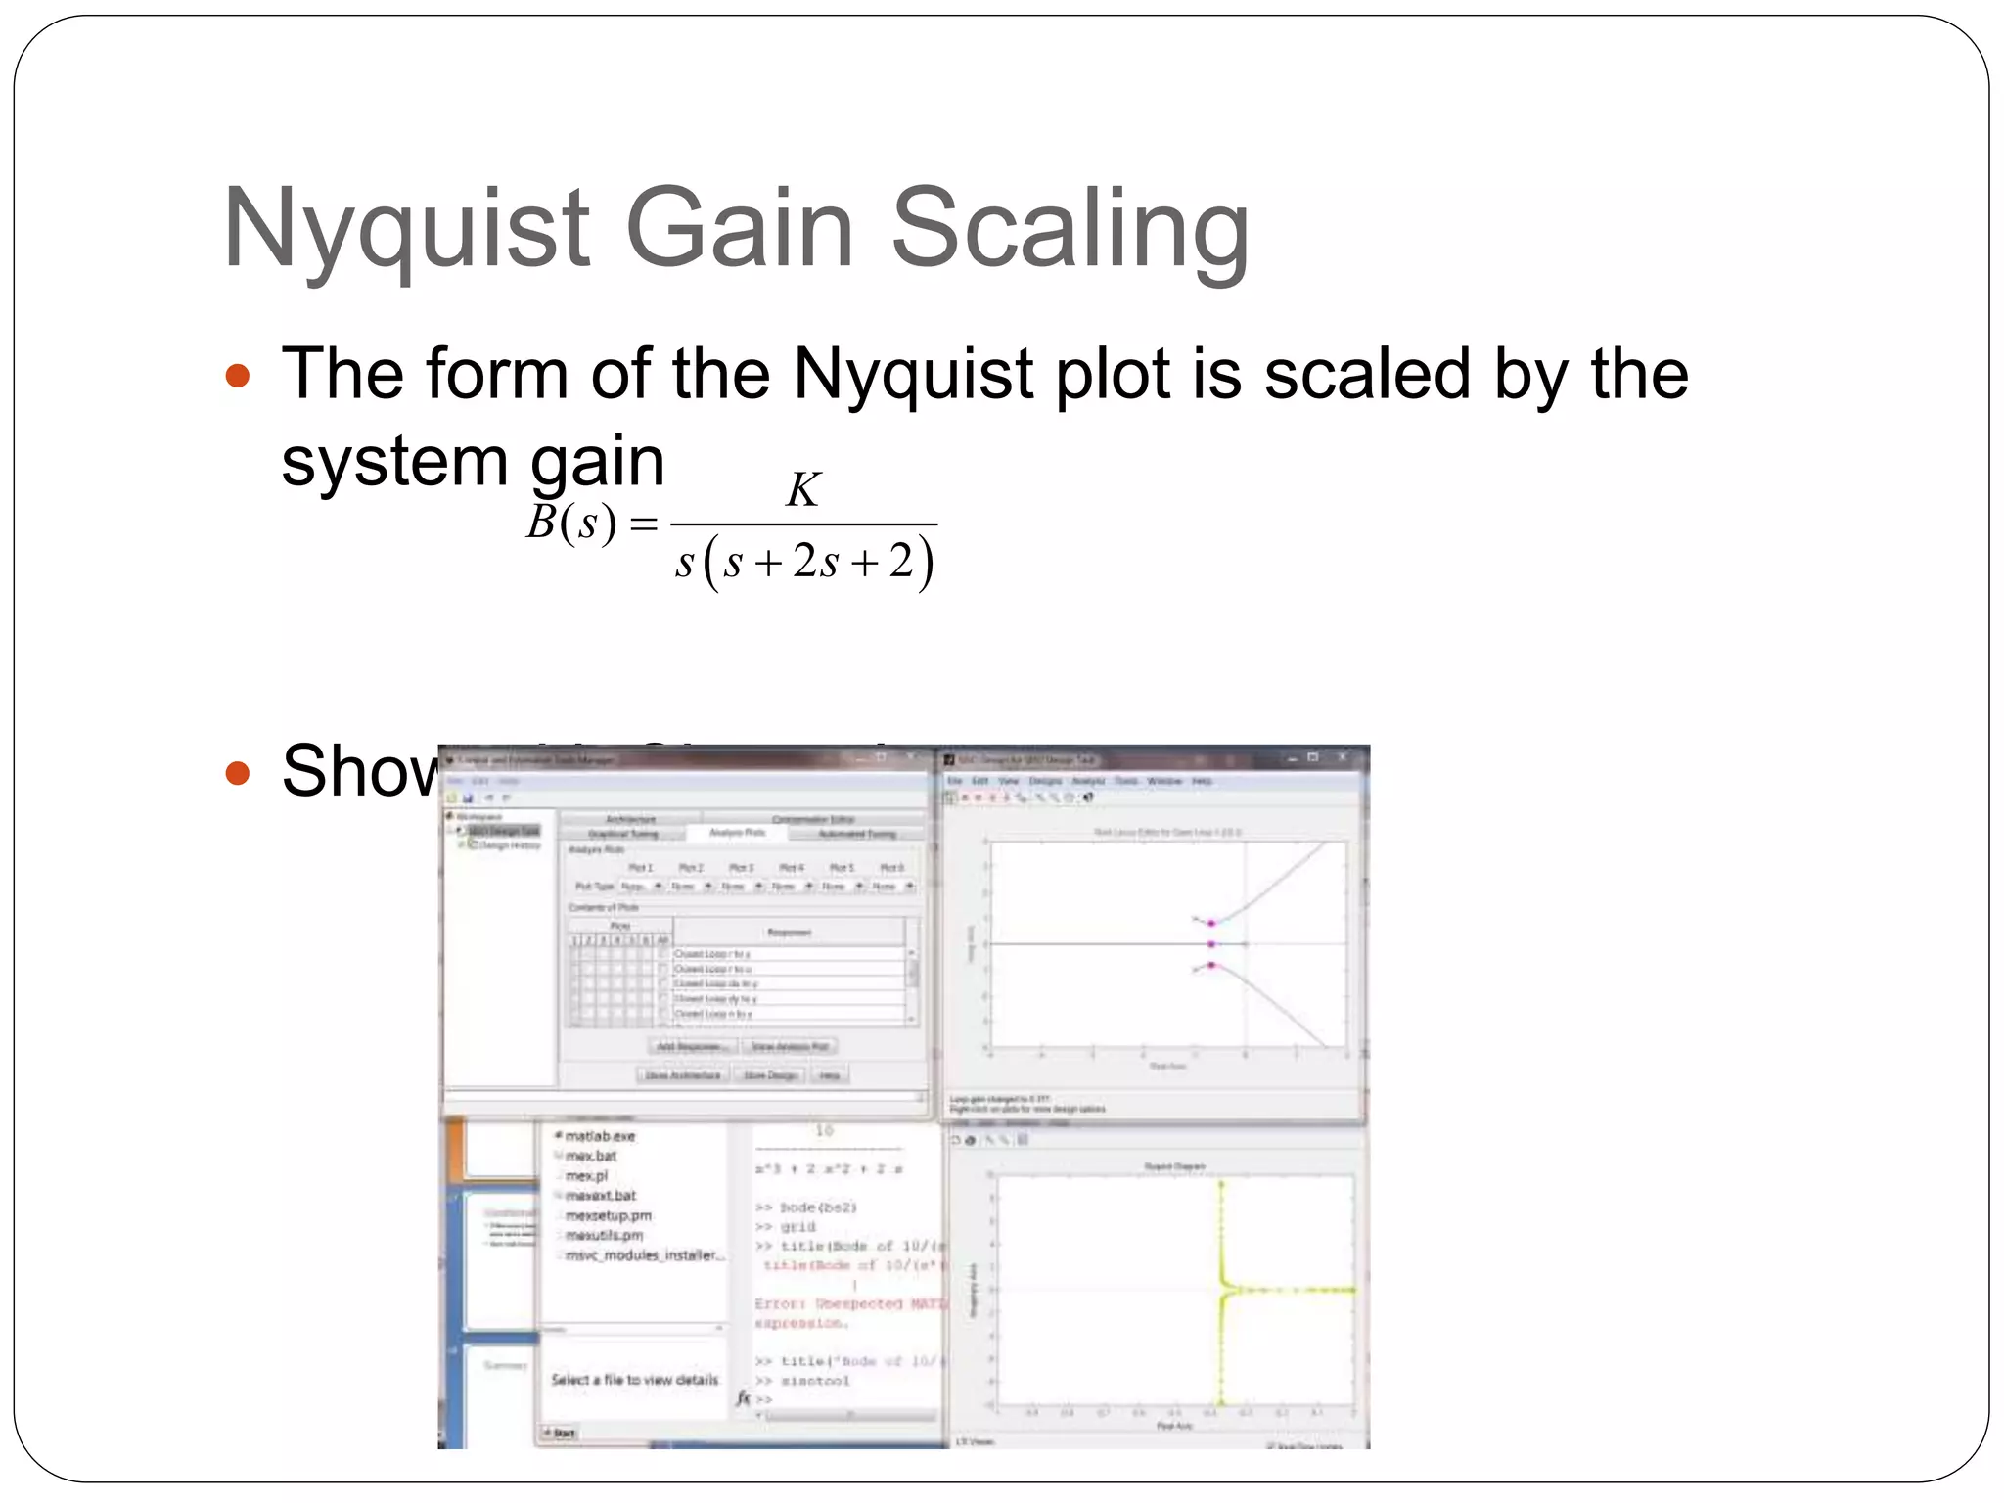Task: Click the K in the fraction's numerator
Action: [802, 489]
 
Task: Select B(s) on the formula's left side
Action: [571, 524]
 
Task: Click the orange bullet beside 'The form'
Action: [238, 376]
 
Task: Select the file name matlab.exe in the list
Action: [600, 1136]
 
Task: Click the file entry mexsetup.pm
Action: [608, 1215]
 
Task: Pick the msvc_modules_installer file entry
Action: [645, 1255]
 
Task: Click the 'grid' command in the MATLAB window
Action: [797, 1226]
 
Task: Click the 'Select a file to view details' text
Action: [634, 1380]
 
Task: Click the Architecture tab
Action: [630, 819]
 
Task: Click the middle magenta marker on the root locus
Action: [1211, 944]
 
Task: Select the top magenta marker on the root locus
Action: [1211, 923]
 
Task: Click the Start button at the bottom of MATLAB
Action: [562, 1433]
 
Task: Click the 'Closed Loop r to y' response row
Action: [712, 953]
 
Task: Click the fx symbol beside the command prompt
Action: [744, 1399]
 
